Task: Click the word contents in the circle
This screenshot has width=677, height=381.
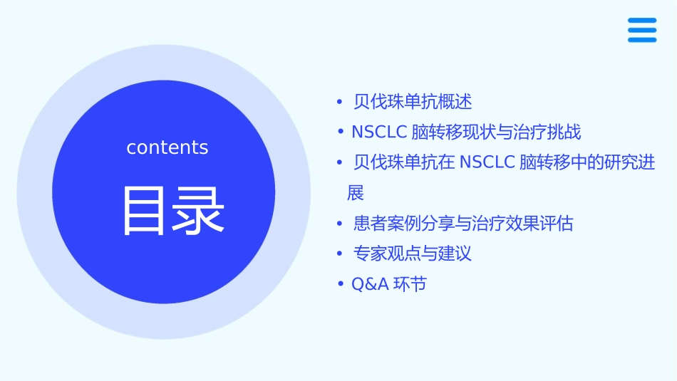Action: pyautogui.click(x=167, y=147)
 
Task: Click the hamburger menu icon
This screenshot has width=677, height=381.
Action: pyautogui.click(x=642, y=31)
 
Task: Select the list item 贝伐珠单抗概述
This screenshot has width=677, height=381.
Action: pyautogui.click(x=413, y=102)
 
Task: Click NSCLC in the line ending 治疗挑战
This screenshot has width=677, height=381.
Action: pyautogui.click(x=376, y=132)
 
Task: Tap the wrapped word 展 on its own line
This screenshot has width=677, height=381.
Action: pyautogui.click(x=355, y=193)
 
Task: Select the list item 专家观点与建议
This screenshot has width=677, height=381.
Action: pyautogui.click(x=413, y=254)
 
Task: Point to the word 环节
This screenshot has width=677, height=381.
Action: pyautogui.click(x=410, y=285)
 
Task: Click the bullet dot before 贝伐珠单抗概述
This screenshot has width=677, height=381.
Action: pyautogui.click(x=340, y=102)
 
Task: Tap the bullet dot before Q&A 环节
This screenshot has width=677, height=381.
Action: pyautogui.click(x=340, y=285)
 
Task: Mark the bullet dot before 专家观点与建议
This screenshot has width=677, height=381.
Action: pyautogui.click(x=340, y=254)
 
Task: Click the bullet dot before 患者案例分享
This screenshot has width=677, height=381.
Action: pyautogui.click(x=340, y=224)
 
